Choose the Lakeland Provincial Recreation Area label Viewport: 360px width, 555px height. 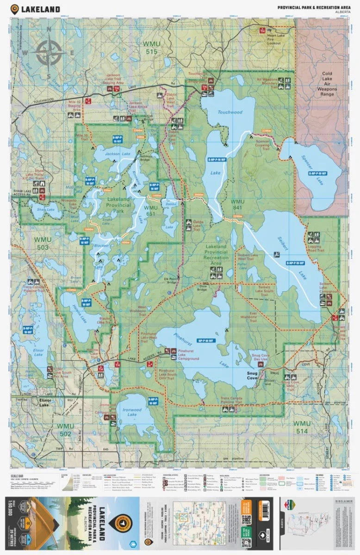point(215,255)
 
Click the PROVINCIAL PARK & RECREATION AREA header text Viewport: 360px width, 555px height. point(313,7)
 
